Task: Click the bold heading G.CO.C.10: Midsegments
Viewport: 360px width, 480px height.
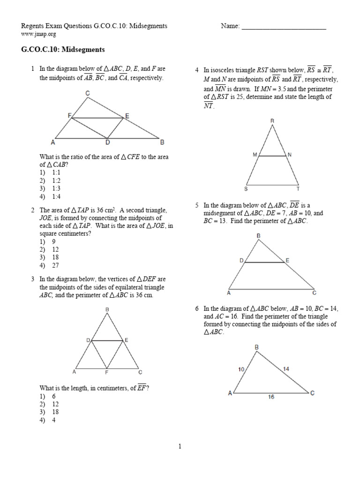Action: coord(63,49)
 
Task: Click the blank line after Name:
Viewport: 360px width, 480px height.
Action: coord(284,27)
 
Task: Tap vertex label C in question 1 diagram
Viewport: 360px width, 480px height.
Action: coord(87,93)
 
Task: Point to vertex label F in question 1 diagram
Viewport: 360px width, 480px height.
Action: coord(68,115)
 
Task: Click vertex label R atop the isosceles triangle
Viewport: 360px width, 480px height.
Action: coord(272,120)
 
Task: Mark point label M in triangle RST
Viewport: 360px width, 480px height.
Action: coord(255,154)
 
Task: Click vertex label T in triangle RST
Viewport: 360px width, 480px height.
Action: coord(299,189)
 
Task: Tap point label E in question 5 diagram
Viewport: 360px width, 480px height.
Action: coord(287,259)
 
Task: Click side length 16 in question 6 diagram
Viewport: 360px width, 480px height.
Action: coord(271,397)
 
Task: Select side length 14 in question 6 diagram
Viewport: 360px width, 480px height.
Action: coord(286,369)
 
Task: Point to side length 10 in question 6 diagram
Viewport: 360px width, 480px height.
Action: coord(241,369)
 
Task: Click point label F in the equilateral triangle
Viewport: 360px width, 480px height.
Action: coord(107,373)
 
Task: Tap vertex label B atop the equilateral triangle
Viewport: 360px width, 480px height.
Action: coord(107,309)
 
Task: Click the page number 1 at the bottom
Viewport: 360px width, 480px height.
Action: coord(180,447)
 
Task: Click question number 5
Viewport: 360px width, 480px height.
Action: coord(197,205)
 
